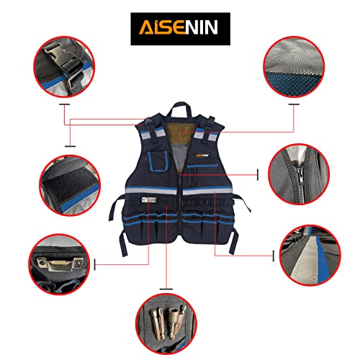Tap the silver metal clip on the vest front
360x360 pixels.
(149, 200)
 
